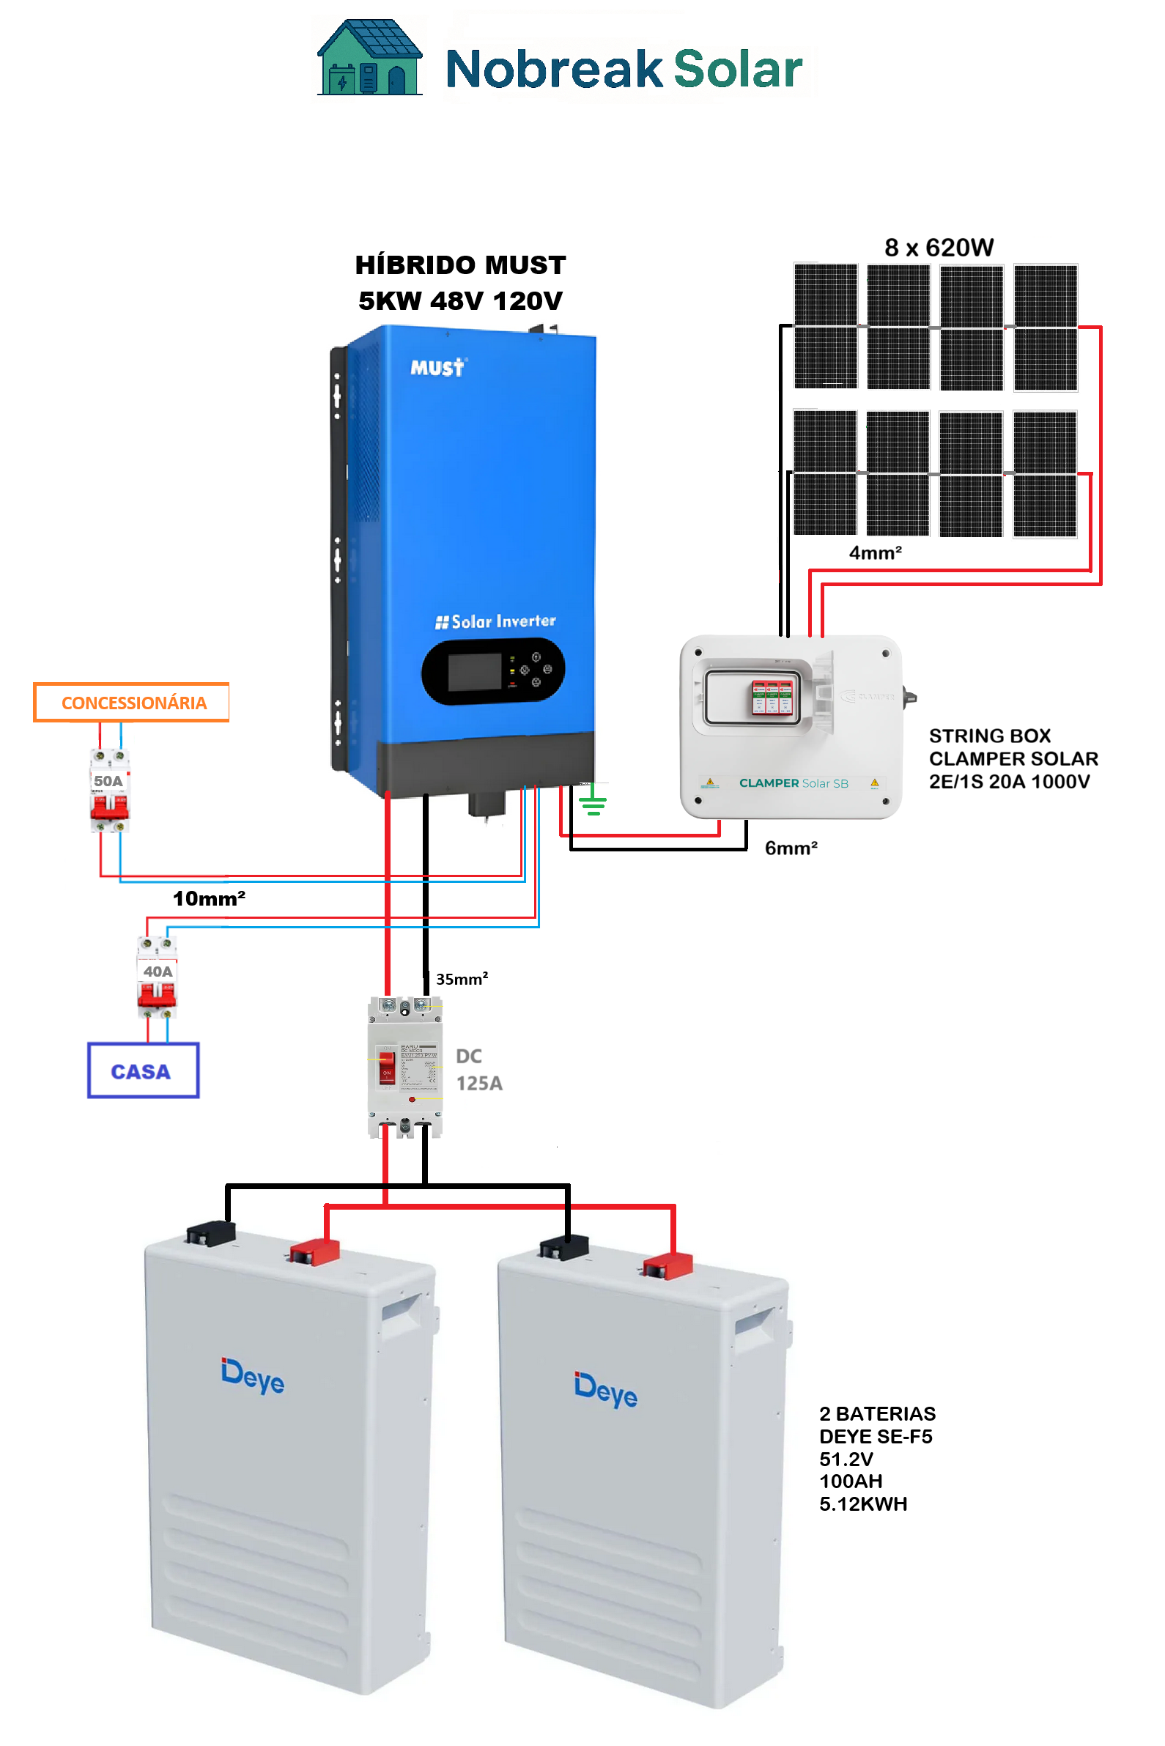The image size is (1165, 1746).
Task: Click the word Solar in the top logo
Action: click(737, 69)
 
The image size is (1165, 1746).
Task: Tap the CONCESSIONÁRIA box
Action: click(131, 702)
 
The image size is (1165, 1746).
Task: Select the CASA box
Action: click(143, 1070)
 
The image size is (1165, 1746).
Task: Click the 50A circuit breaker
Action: click(109, 791)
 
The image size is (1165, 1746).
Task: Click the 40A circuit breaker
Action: click(157, 977)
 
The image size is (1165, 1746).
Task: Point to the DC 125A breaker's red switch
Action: click(386, 1066)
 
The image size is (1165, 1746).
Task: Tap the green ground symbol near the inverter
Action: click(593, 802)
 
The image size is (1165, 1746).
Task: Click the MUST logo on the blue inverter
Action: click(437, 367)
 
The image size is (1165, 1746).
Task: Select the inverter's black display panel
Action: click(493, 671)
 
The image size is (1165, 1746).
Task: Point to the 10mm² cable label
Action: click(209, 898)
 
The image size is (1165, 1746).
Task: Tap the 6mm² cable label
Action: click(791, 848)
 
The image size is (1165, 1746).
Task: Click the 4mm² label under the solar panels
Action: click(876, 552)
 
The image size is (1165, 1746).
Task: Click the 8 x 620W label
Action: click(939, 248)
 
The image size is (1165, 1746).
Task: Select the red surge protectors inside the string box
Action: click(772, 697)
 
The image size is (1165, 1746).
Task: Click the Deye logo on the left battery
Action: click(253, 1376)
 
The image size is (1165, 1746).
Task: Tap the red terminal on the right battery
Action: click(667, 1265)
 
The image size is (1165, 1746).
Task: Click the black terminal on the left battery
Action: click(211, 1232)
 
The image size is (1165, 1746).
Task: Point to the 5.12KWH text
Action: click(862, 1503)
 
